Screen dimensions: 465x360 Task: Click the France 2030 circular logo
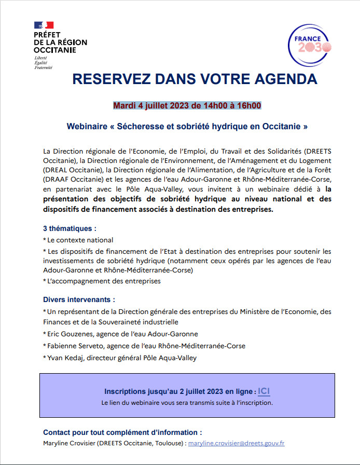[x=310, y=45]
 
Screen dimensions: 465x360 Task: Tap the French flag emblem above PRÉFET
[x=44, y=25]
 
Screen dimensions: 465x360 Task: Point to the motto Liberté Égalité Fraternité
[x=44, y=63]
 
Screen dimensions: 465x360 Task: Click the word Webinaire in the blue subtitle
[x=88, y=126]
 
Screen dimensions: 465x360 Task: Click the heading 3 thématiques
[x=70, y=228]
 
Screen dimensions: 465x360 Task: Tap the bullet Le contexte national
[x=79, y=240]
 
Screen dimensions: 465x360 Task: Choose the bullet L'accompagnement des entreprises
[x=103, y=281]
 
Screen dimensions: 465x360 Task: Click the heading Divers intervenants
[x=79, y=299]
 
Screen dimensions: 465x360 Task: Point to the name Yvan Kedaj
[x=65, y=358]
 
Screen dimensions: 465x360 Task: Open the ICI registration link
[x=264, y=391]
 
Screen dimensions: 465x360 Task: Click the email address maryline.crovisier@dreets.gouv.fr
[x=236, y=443]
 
